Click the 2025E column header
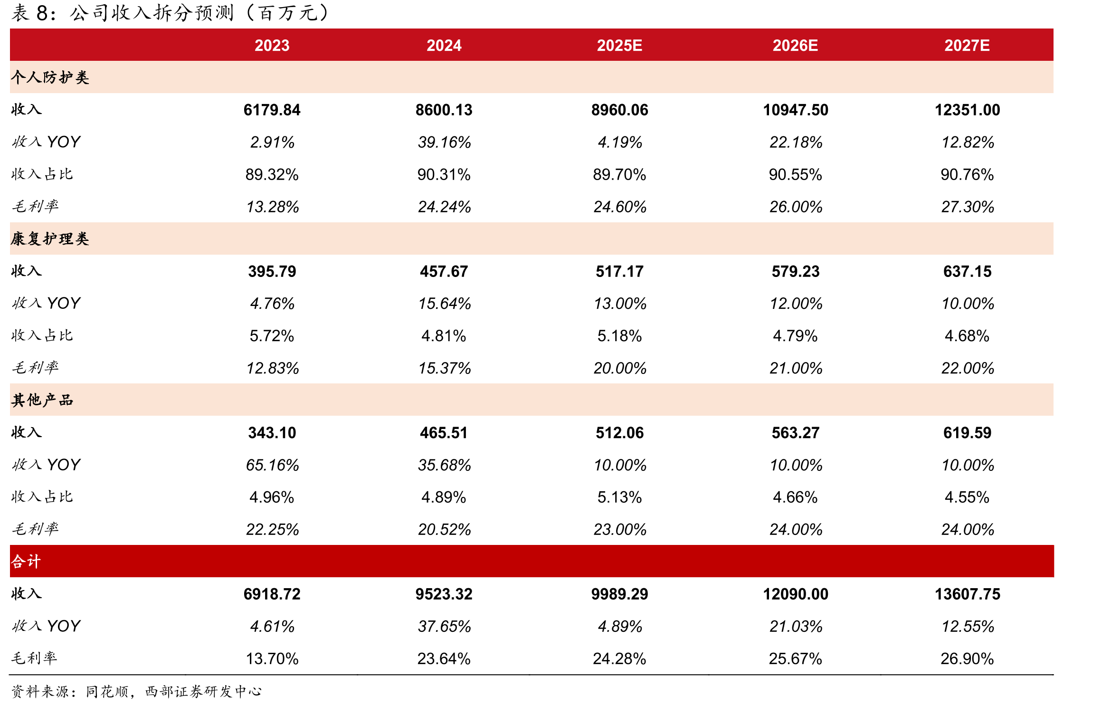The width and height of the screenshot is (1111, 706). click(619, 46)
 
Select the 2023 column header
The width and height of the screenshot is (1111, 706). click(272, 46)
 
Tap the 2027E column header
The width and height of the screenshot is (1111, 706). click(967, 46)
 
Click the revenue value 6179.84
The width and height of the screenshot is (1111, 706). click(272, 110)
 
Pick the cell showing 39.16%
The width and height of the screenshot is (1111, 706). click(444, 142)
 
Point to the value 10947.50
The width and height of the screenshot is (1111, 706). click(796, 110)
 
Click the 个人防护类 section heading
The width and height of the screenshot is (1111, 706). click(50, 77)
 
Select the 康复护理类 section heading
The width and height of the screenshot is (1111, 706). click(50, 239)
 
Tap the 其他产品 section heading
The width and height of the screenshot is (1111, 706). click(42, 400)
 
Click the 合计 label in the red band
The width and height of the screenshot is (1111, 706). click(26, 562)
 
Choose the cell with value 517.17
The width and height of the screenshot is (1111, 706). click(619, 271)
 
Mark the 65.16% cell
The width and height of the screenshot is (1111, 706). click(272, 465)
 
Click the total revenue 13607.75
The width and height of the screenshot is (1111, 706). click(968, 594)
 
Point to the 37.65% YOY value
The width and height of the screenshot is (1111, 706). click(444, 626)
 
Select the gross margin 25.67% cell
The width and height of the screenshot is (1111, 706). click(796, 658)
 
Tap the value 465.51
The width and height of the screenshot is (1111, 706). click(444, 433)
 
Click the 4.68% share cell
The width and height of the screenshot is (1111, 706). click(967, 336)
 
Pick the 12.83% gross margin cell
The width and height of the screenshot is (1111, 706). click(272, 368)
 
